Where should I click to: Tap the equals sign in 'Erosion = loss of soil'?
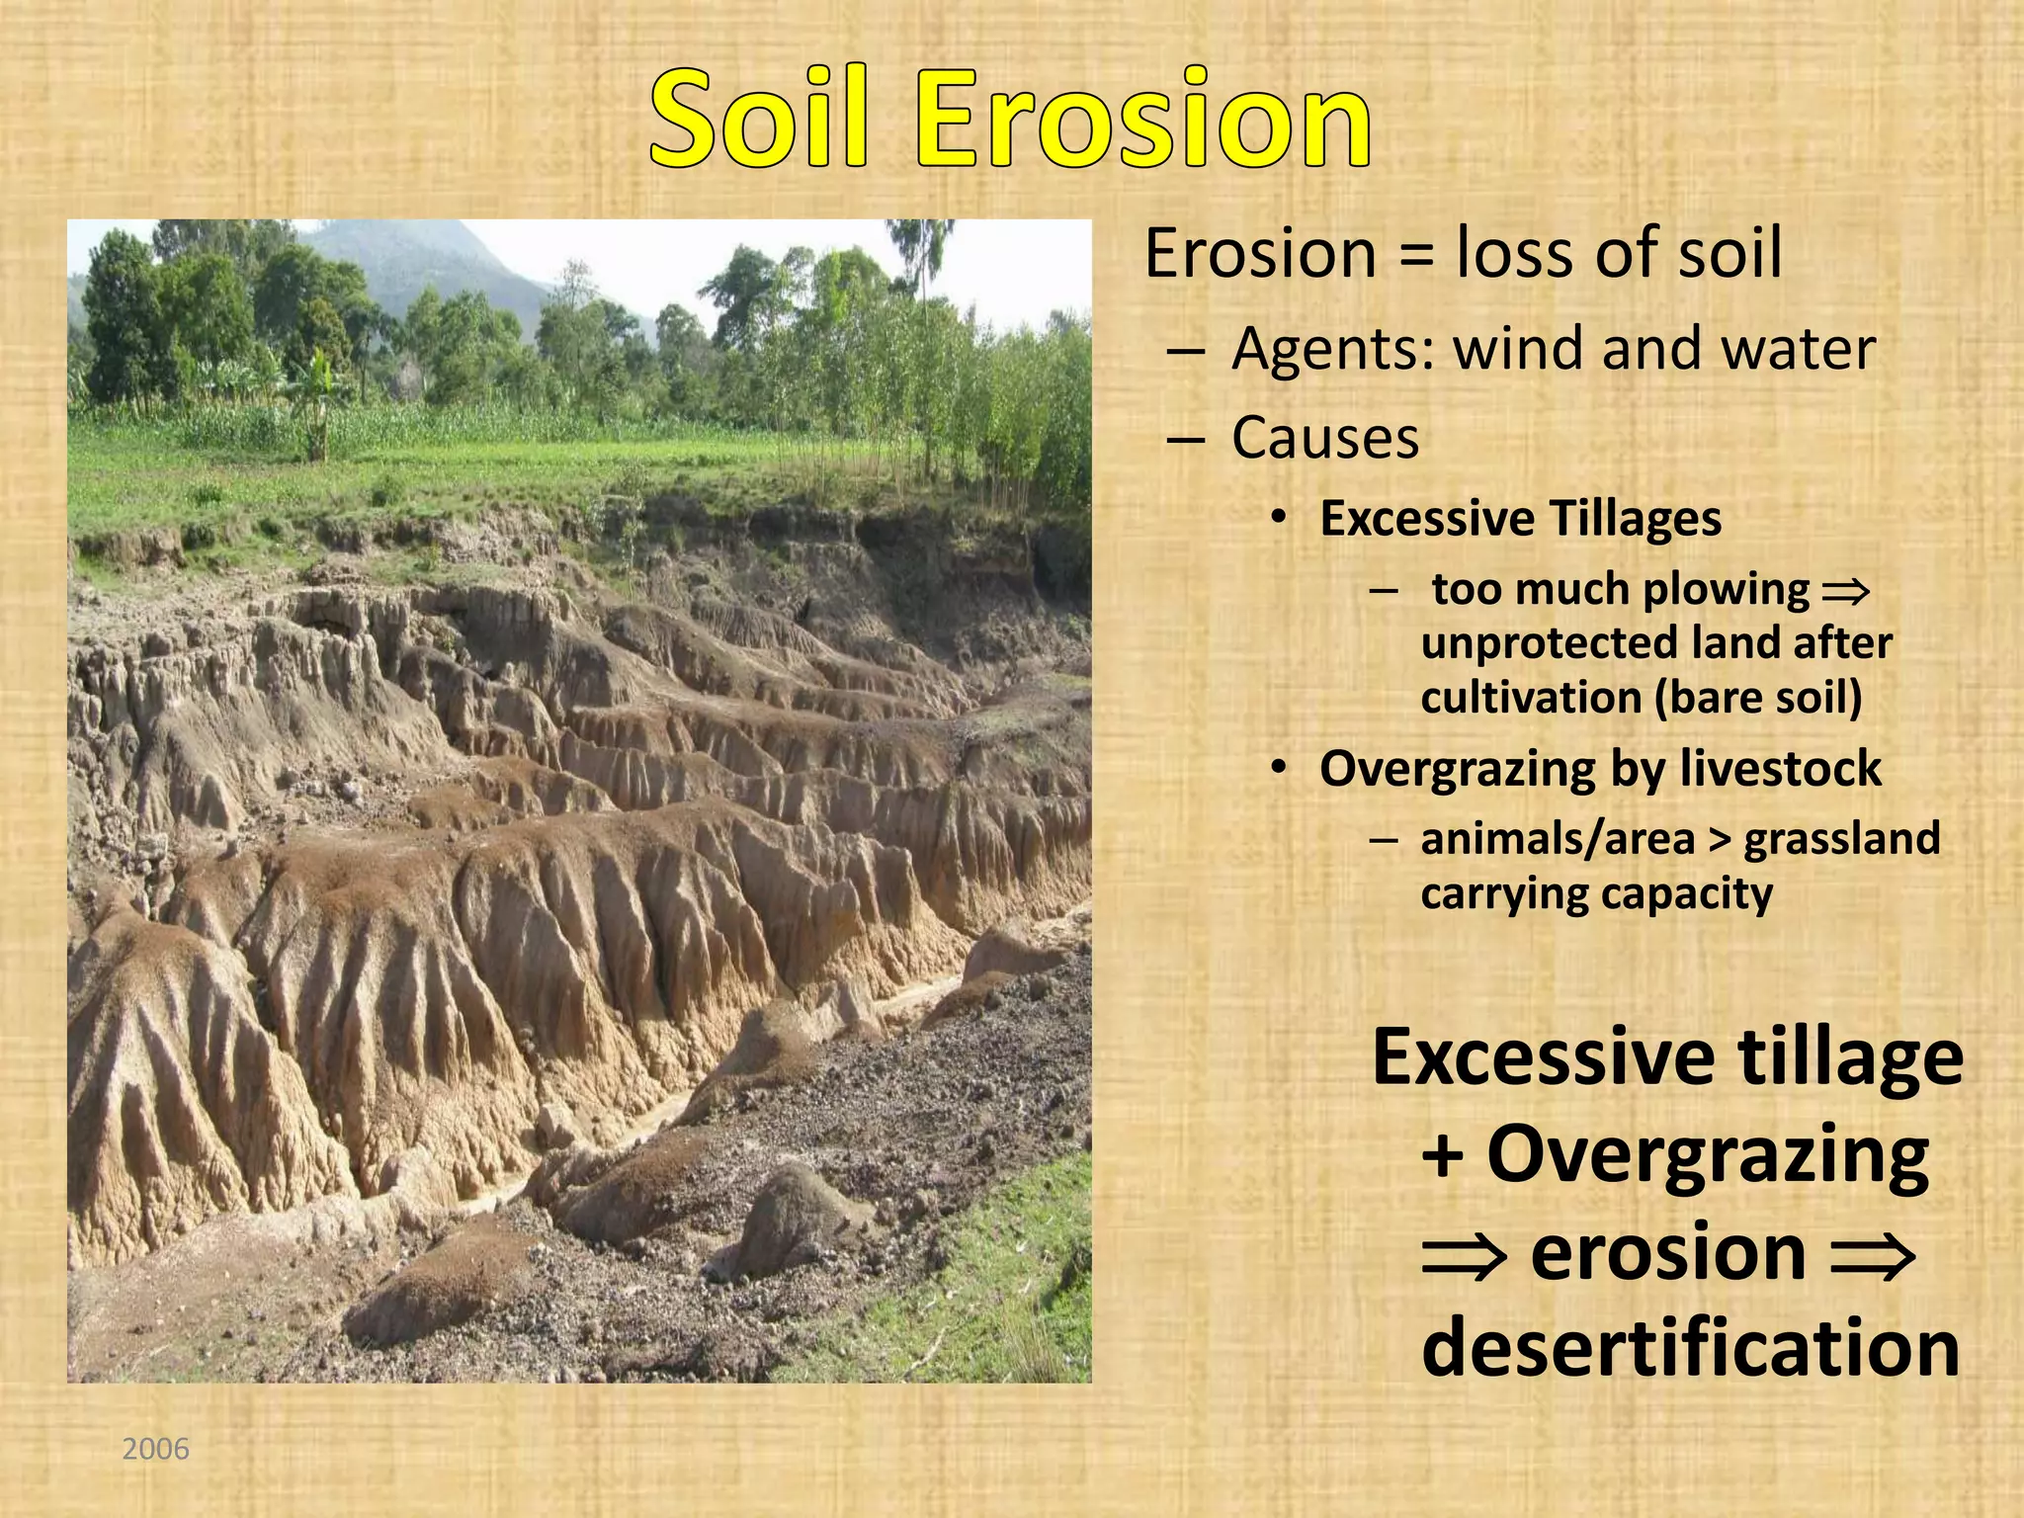pyautogui.click(x=1415, y=255)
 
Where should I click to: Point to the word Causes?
pyautogui.click(x=1324, y=438)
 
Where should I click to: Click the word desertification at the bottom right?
pyautogui.click(x=1690, y=1348)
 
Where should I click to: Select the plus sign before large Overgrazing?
pyautogui.click(x=1443, y=1156)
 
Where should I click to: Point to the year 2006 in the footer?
pyautogui.click(x=155, y=1449)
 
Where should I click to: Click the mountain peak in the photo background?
pyautogui.click(x=415, y=237)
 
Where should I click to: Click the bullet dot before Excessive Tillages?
pyautogui.click(x=1280, y=519)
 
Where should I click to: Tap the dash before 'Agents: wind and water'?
pyautogui.click(x=1185, y=351)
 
